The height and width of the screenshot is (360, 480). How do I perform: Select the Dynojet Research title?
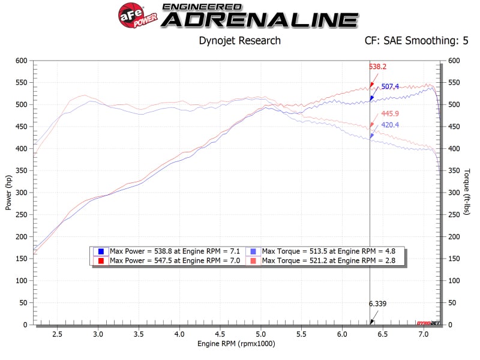[x=239, y=41]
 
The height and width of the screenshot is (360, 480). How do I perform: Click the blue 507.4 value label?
[x=391, y=87]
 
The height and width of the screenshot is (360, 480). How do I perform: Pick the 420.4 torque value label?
[x=391, y=125]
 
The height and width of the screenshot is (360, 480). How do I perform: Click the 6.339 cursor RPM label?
[x=378, y=304]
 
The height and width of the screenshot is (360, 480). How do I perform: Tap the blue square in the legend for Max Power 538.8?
[x=101, y=251]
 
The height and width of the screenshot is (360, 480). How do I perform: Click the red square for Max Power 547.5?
[x=101, y=260]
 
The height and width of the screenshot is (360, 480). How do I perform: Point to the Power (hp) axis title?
[x=8, y=193]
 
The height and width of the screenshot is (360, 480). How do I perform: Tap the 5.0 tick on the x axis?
[x=260, y=334]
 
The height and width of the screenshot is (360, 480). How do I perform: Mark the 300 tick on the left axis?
[x=22, y=193]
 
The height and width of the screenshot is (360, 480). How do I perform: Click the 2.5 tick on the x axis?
[x=58, y=334]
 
